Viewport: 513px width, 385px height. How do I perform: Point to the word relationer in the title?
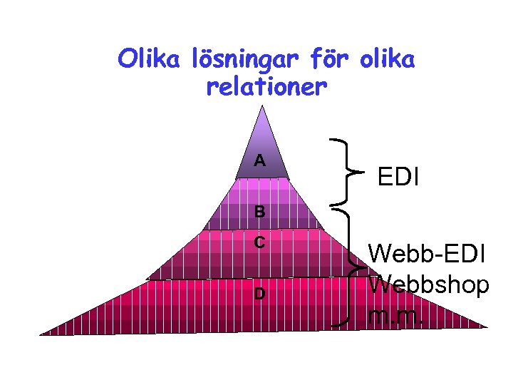click(x=266, y=88)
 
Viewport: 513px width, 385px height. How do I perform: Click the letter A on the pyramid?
click(x=260, y=160)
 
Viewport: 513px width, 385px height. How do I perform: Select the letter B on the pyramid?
click(x=260, y=212)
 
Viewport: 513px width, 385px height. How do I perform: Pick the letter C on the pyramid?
click(x=260, y=242)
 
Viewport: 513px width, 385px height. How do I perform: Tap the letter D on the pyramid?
click(x=260, y=293)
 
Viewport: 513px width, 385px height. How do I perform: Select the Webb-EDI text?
click(x=427, y=253)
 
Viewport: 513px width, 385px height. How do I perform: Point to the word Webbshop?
click(x=429, y=284)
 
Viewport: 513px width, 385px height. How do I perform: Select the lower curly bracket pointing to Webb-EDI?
click(x=350, y=267)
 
